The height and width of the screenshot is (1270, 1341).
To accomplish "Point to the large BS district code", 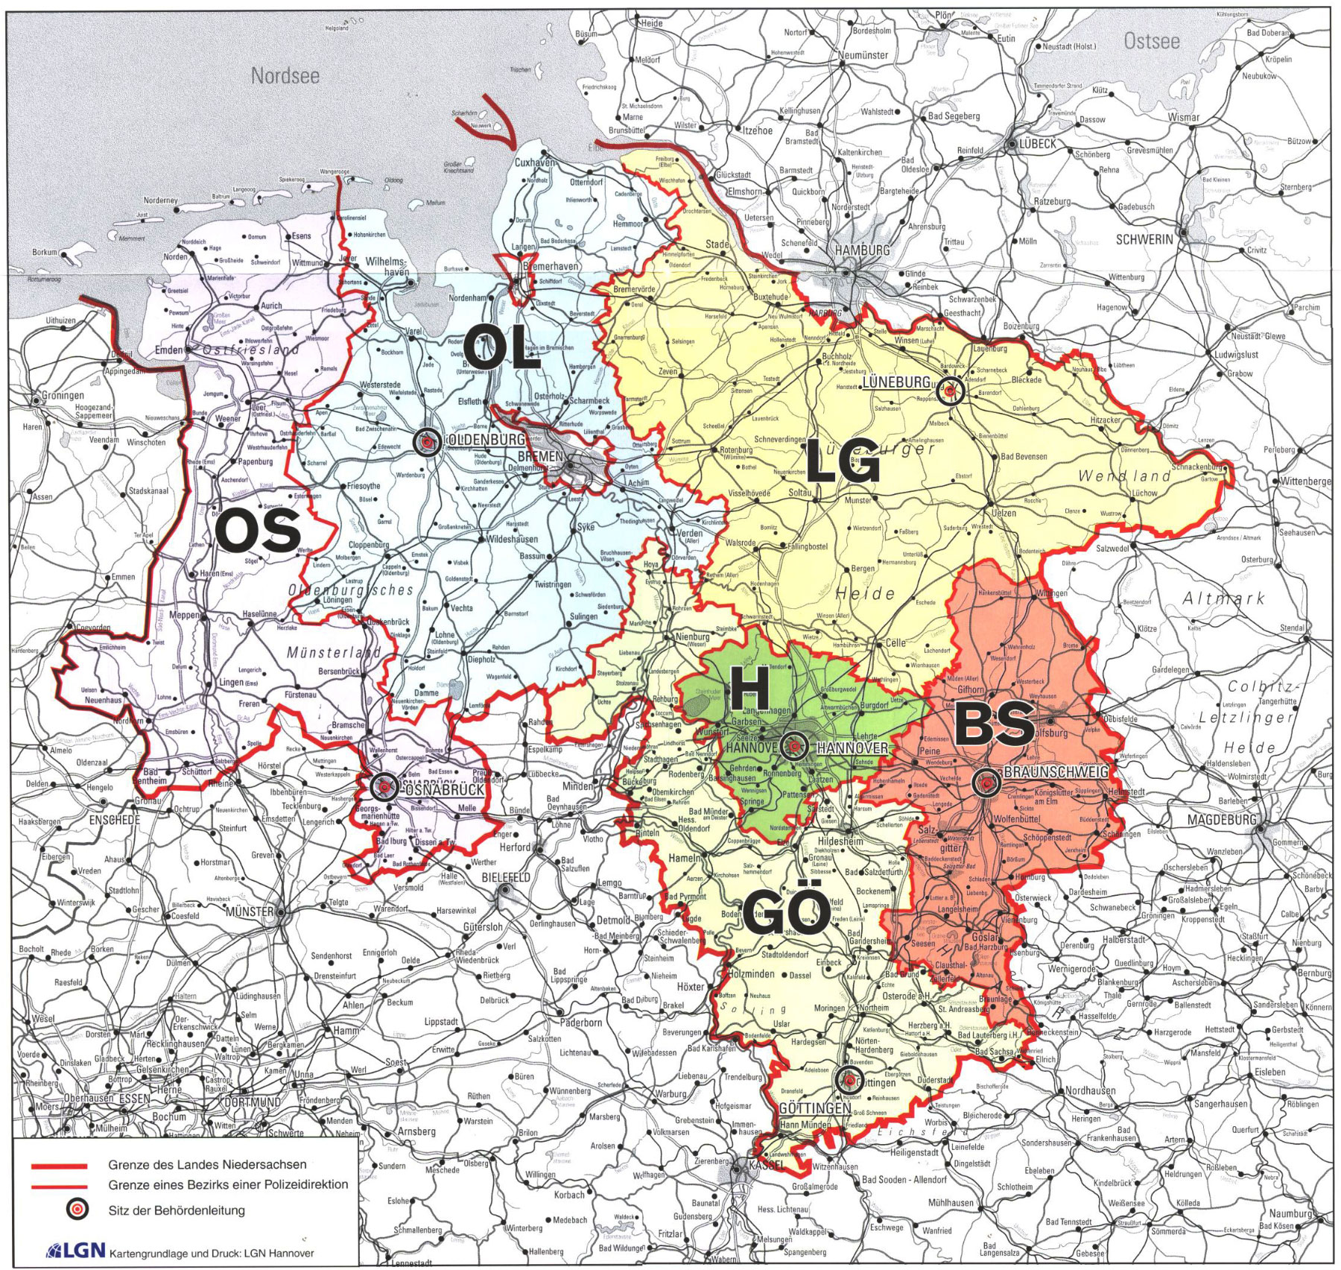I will click(994, 724).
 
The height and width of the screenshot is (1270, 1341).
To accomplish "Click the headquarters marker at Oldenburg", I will click(426, 443).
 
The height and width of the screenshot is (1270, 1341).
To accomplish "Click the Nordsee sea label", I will click(285, 75).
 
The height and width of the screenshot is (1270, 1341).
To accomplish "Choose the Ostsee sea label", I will click(1151, 41).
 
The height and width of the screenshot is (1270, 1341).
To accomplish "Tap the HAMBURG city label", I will click(862, 250).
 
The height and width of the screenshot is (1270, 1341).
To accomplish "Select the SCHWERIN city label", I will click(1144, 239).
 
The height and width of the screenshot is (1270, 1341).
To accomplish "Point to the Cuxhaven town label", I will click(534, 163).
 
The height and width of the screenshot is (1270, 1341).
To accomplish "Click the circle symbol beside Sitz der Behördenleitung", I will click(77, 1209).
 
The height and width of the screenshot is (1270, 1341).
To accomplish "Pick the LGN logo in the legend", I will click(75, 1250).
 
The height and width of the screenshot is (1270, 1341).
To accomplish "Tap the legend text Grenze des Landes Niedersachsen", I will click(206, 1164).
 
